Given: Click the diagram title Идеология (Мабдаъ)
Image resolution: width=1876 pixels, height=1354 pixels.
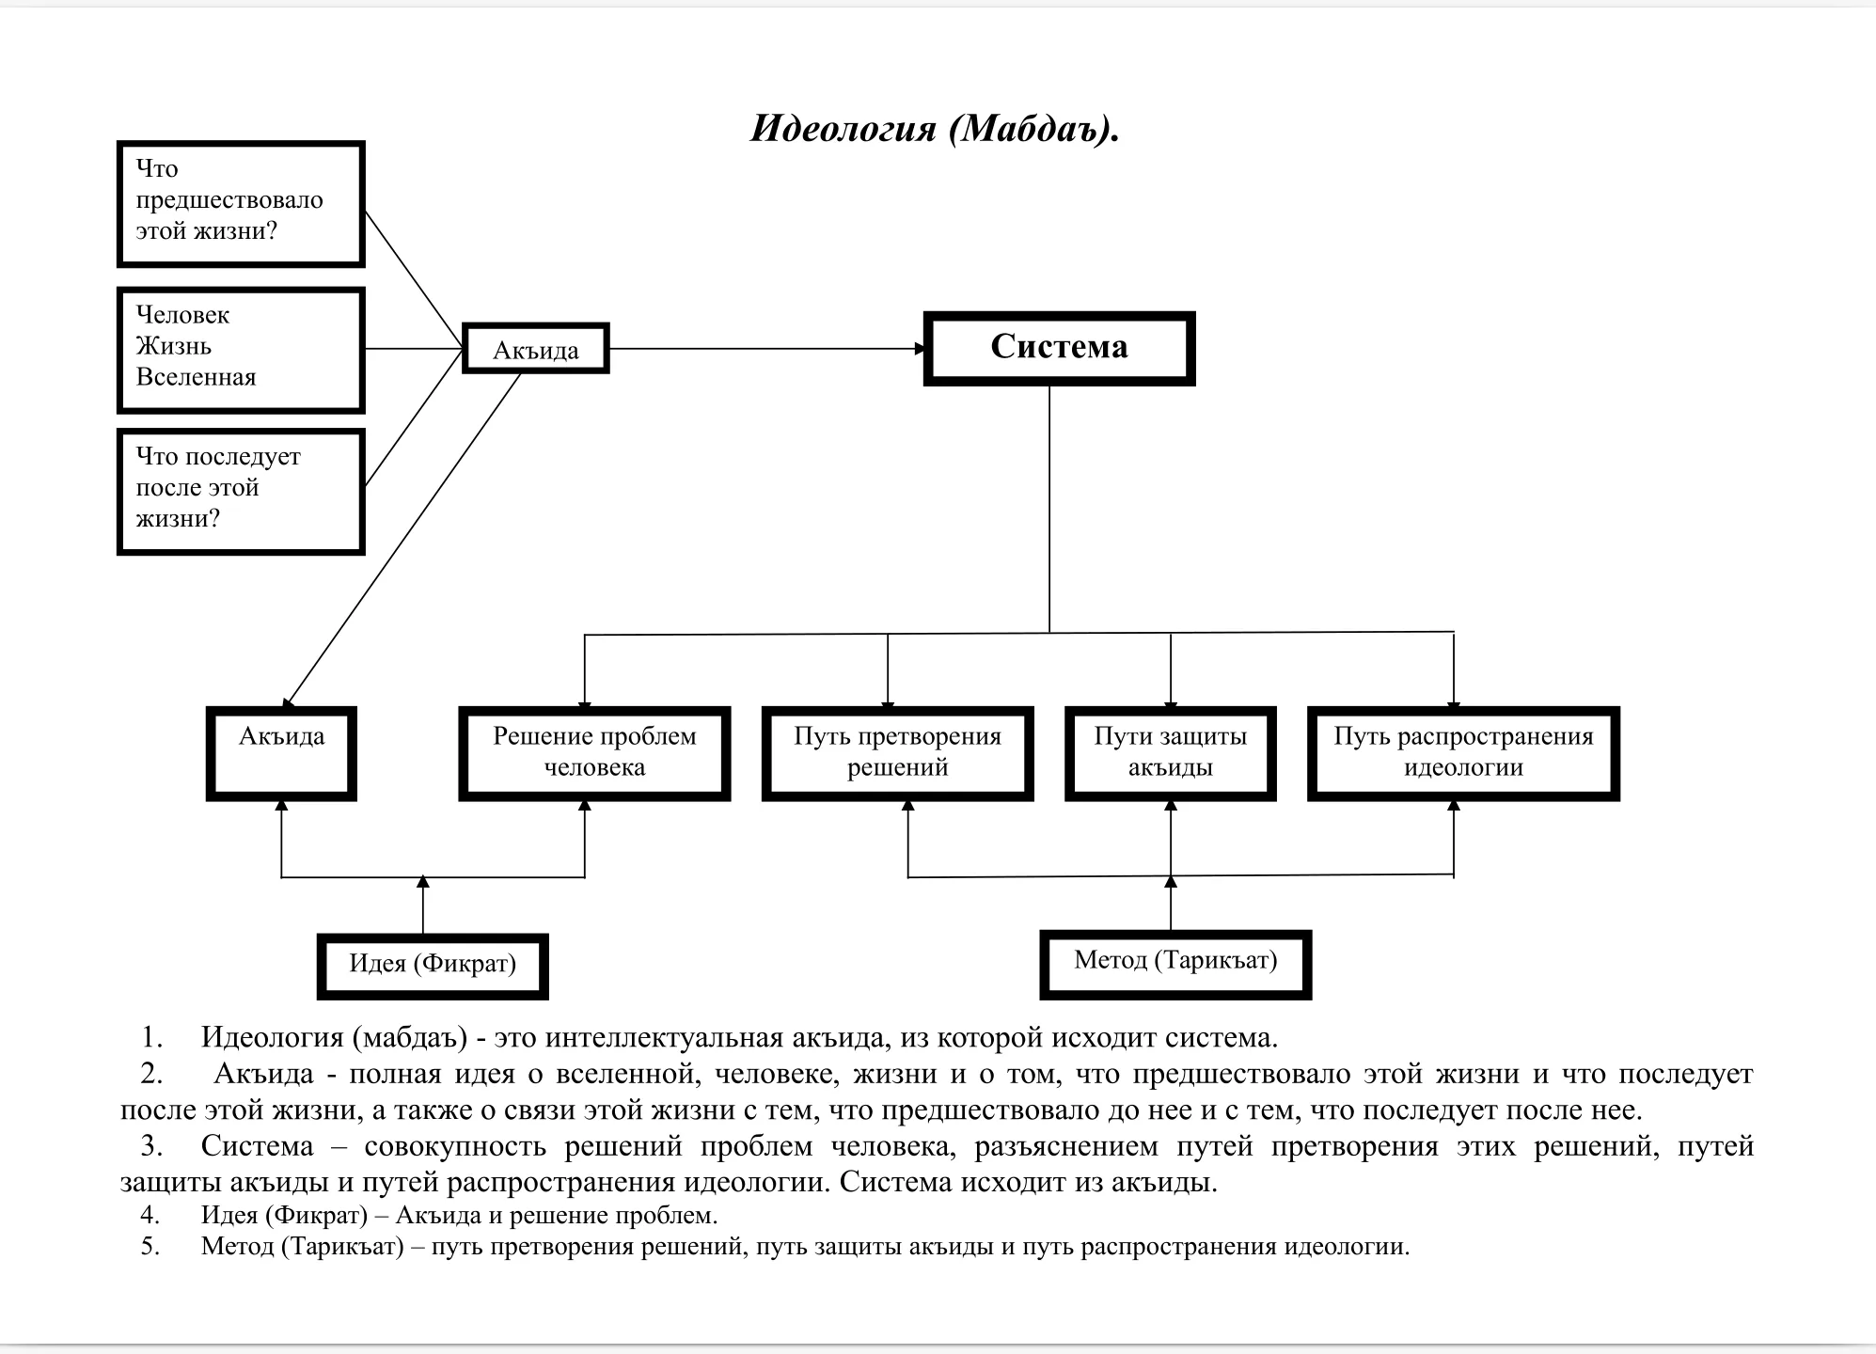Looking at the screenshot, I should click(934, 129).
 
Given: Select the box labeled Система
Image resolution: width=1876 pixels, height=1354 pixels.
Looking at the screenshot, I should click(1059, 348).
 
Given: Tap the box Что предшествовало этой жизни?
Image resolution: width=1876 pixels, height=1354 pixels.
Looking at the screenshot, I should click(241, 204).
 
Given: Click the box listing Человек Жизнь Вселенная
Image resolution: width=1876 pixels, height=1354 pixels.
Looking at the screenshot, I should click(241, 350).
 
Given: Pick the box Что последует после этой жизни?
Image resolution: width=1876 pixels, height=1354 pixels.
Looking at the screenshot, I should click(241, 491).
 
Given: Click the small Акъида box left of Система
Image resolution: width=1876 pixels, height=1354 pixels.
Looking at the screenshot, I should click(536, 349).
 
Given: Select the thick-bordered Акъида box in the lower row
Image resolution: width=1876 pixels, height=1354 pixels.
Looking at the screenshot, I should click(281, 752).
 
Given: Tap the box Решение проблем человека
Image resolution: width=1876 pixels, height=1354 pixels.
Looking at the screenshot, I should click(594, 752).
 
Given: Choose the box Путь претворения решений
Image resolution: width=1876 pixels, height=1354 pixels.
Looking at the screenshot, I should click(897, 752).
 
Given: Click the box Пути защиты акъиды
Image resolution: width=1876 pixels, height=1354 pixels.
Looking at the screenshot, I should click(1170, 752).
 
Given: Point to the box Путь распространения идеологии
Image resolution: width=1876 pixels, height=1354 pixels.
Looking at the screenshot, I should click(1463, 752).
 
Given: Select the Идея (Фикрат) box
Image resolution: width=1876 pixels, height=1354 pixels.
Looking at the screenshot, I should click(433, 965).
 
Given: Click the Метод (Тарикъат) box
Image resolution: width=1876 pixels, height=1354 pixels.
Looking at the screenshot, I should click(1175, 963).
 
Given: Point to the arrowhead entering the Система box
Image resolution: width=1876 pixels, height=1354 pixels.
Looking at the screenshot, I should click(921, 349).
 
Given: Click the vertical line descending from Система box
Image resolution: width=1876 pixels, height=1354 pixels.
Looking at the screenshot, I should click(1049, 508).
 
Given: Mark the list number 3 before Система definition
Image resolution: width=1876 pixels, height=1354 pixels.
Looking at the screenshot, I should click(150, 1146).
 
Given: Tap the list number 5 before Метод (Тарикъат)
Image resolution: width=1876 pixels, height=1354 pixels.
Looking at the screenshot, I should click(150, 1247).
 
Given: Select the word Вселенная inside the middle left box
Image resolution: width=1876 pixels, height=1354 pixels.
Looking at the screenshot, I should click(196, 378).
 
